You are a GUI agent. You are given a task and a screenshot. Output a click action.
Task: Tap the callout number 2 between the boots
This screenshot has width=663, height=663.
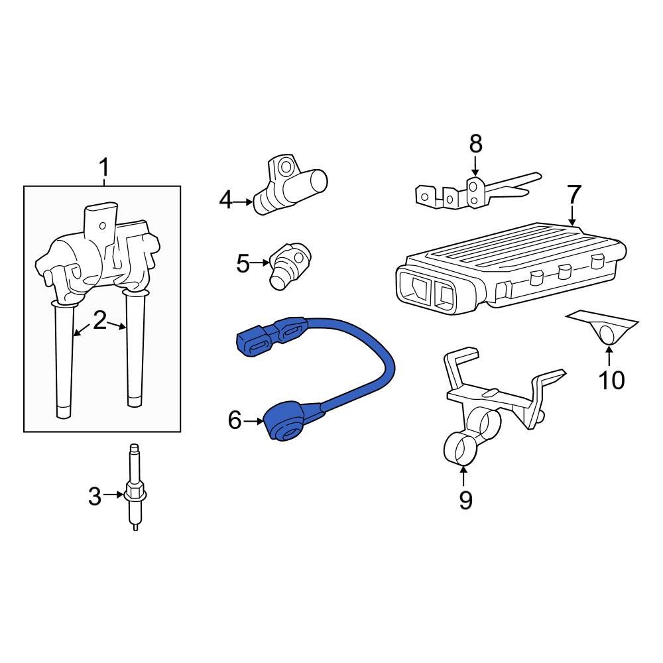click(x=100, y=320)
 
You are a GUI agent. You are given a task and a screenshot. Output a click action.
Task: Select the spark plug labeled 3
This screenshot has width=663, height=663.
click(x=135, y=486)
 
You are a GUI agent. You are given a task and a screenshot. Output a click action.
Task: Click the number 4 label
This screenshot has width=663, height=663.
click(x=226, y=200)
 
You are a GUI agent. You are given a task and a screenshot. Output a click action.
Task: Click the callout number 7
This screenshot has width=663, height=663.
click(x=573, y=195)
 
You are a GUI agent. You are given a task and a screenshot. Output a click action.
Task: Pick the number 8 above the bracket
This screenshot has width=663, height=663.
click(x=475, y=144)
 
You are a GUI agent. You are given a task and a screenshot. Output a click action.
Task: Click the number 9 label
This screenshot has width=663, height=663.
click(x=465, y=500)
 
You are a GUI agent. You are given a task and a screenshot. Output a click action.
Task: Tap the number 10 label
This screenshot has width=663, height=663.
click(x=611, y=380)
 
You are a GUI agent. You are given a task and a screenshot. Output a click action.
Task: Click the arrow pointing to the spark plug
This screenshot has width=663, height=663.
click(x=113, y=495)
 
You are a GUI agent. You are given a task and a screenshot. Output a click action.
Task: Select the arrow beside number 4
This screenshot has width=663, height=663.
click(x=243, y=202)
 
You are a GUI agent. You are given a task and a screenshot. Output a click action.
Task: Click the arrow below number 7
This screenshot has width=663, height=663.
click(x=572, y=215)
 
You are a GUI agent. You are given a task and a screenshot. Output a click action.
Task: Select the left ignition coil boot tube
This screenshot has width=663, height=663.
click(x=64, y=359)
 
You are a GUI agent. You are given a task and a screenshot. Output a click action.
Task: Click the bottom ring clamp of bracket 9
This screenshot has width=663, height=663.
click(x=461, y=449)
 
